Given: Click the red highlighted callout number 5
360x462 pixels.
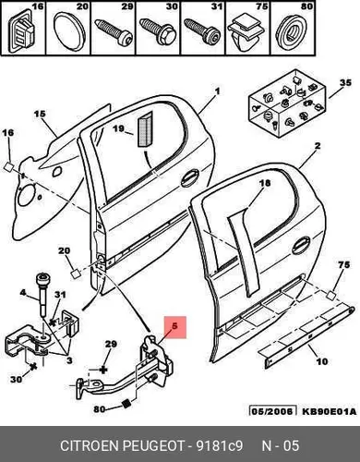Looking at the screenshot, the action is point(174,326).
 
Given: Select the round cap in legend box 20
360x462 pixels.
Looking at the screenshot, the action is point(67,31).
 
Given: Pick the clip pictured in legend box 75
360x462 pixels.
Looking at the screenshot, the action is point(246,32).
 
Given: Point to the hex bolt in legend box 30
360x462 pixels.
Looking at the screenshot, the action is point(158,30).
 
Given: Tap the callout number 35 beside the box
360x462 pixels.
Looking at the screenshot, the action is point(345,83).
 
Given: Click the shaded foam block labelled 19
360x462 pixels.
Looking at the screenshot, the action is point(144,128).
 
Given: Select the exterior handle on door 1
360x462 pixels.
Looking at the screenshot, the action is point(190,178).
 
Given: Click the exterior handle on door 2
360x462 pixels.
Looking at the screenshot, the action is point(302,247).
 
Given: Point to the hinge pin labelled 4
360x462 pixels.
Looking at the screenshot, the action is point(42,294).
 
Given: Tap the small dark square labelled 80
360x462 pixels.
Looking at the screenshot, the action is point(126,404).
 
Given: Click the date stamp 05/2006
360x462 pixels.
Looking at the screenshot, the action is point(272,411).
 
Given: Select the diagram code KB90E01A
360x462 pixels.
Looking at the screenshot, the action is point(329,411).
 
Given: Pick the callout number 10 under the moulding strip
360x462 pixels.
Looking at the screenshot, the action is point(322,361).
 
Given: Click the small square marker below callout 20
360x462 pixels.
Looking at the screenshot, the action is point(76,274).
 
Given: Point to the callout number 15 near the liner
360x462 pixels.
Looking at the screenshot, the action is point(40,114).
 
